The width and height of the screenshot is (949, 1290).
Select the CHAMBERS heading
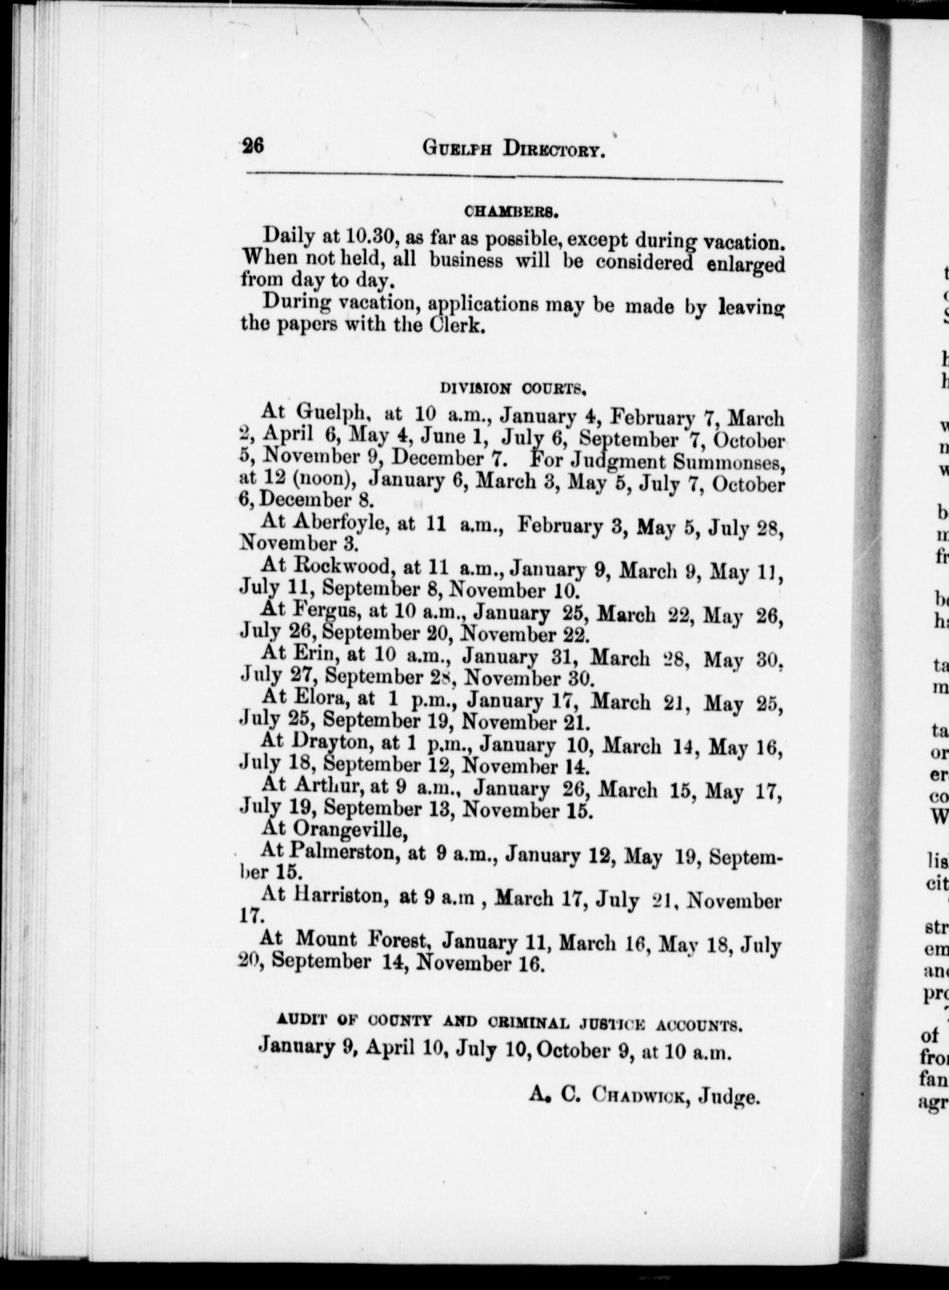(x=511, y=213)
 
